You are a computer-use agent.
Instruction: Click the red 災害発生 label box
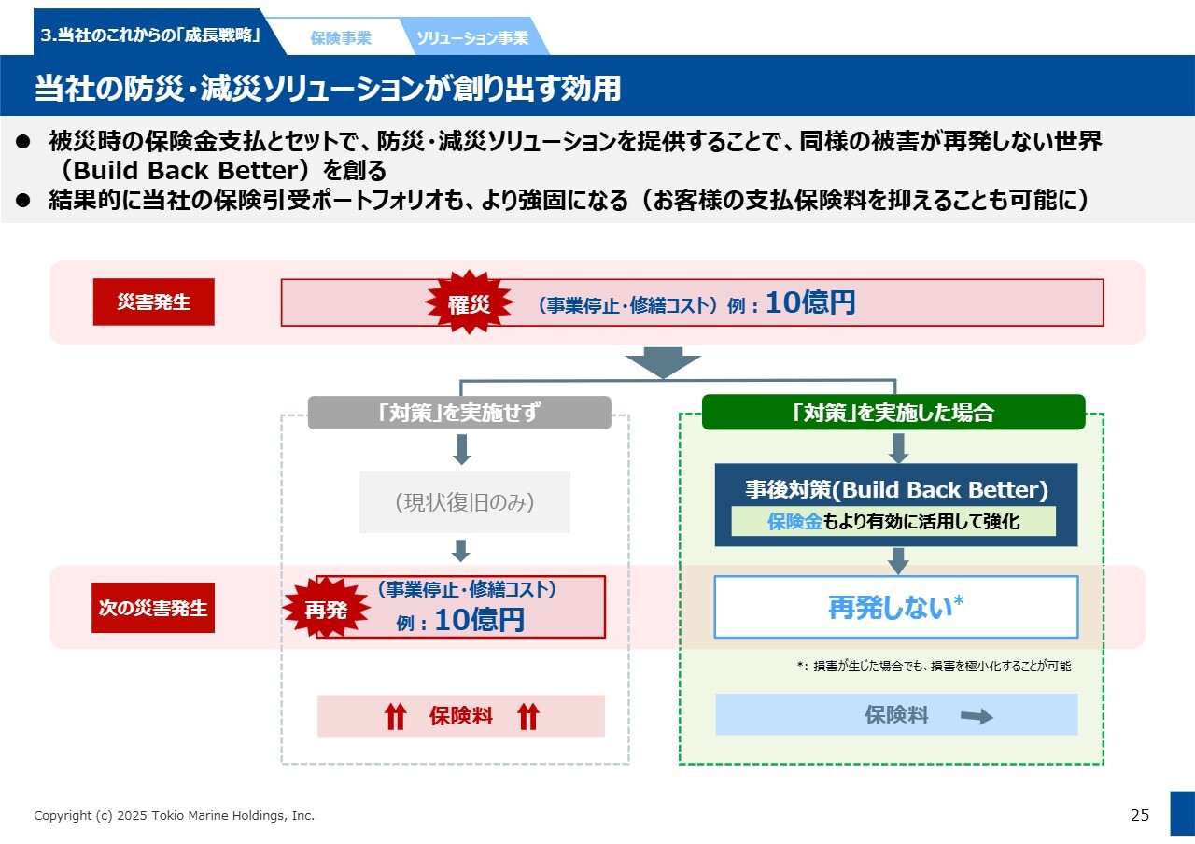click(x=153, y=302)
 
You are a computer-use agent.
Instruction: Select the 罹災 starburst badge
click(x=469, y=303)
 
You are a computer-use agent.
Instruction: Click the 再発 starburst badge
click(x=326, y=610)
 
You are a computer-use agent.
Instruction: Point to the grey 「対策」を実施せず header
click(x=459, y=413)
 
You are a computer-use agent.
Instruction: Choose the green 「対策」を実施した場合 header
click(x=893, y=413)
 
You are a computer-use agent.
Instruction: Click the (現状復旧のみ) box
click(x=464, y=502)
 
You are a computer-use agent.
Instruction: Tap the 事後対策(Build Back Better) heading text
click(x=896, y=490)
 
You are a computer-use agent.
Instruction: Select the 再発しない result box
click(x=895, y=607)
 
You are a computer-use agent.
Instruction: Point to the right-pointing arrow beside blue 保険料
click(x=977, y=716)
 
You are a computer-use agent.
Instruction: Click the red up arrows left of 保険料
click(x=396, y=716)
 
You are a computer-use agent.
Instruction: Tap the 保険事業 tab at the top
click(x=341, y=38)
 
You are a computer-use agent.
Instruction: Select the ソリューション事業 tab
click(x=471, y=38)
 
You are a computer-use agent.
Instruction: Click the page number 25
click(x=1140, y=815)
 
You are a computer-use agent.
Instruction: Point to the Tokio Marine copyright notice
click(x=175, y=816)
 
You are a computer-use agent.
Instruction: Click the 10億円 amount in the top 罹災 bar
click(x=809, y=303)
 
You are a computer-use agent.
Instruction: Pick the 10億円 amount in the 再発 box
click(x=479, y=620)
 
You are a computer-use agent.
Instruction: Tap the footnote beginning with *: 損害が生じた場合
click(x=934, y=667)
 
